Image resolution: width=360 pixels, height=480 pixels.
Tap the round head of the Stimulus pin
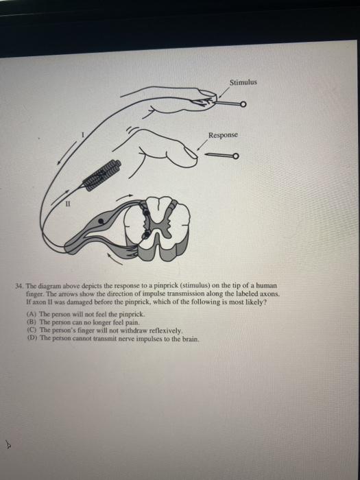tap(243, 105)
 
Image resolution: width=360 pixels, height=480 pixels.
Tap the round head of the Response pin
tap(235, 156)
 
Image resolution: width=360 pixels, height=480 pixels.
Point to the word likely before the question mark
tap(255, 300)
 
